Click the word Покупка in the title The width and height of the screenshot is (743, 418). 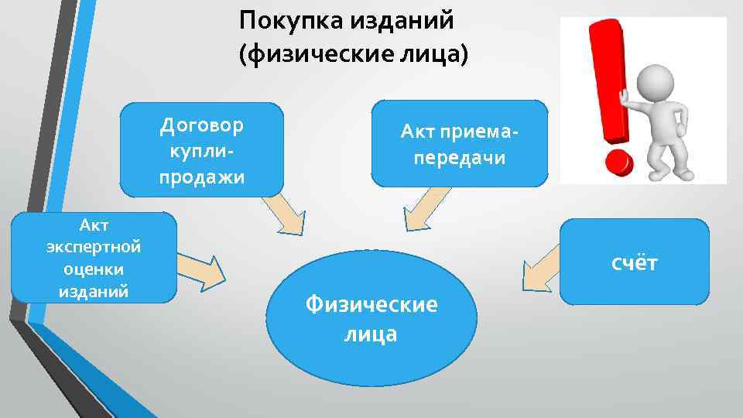[x=282, y=20]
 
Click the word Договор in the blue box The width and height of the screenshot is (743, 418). [x=201, y=125]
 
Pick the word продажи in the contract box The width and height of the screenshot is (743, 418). [x=201, y=177]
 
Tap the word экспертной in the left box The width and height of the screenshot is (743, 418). [x=93, y=247]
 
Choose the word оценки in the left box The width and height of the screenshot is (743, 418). [x=93, y=269]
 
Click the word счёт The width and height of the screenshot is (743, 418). [x=634, y=263]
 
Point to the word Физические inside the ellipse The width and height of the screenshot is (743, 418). [x=371, y=304]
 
